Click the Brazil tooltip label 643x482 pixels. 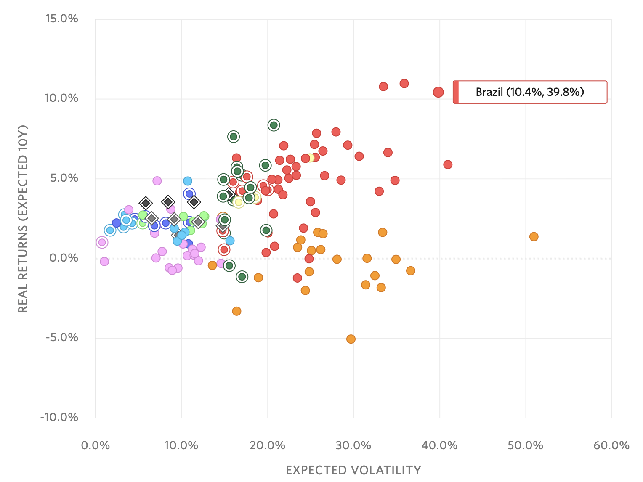(530, 92)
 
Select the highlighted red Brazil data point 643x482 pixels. (438, 92)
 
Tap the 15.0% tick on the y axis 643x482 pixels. (62, 19)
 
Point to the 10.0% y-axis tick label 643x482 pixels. (62, 98)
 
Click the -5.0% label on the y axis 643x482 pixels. (62, 338)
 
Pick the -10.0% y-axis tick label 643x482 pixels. (60, 417)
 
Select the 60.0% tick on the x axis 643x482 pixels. (611, 446)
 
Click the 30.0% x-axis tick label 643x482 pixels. (353, 446)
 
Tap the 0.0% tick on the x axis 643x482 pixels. (96, 446)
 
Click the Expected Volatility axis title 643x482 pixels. (353, 470)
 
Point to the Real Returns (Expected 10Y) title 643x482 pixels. (23, 219)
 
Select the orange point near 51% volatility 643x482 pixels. (534, 237)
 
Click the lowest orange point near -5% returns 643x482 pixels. (351, 339)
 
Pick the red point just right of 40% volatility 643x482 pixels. (448, 164)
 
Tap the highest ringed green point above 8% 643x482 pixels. (274, 125)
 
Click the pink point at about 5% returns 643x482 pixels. (157, 181)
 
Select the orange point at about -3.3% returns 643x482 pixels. (236, 311)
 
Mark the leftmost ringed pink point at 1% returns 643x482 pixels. (101, 242)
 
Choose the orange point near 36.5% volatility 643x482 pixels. (411, 271)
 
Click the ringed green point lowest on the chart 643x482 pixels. (242, 277)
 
